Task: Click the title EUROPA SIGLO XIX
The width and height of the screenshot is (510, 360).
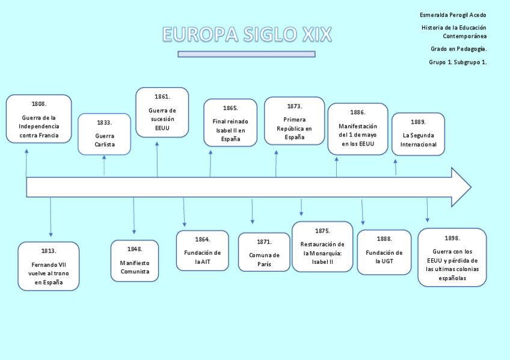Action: [247, 34]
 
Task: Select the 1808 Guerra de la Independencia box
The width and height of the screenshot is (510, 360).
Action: [39, 119]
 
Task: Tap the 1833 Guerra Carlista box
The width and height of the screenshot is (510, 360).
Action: [104, 134]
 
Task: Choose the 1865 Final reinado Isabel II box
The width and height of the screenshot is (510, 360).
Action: [230, 123]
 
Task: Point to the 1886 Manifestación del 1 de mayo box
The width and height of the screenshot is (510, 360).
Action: [358, 129]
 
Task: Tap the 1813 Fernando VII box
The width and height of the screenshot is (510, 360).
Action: [49, 266]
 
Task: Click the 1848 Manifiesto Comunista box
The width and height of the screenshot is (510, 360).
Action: [135, 261]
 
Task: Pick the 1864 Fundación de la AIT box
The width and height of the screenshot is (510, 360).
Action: [202, 251]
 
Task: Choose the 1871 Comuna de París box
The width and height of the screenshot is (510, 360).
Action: [264, 252]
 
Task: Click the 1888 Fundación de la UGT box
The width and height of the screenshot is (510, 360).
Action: [384, 252]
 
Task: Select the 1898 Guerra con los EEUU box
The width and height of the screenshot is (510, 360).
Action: [452, 257]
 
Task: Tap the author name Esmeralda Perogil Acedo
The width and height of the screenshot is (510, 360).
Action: [453, 15]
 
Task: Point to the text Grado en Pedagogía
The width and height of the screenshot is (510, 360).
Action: [458, 49]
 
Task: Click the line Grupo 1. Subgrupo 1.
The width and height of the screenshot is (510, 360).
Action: [458, 62]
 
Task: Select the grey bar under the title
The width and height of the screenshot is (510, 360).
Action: [247, 54]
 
